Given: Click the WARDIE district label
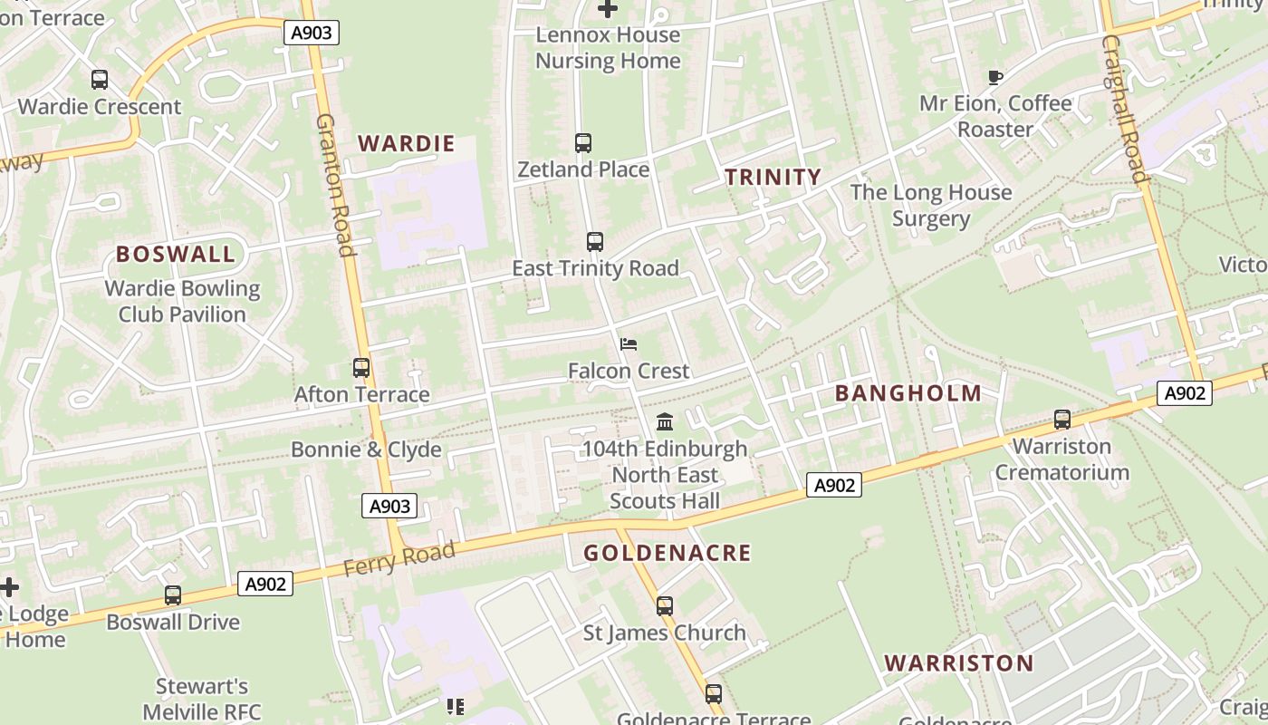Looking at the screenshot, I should tap(406, 143).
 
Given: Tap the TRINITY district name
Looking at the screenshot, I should tap(773, 177).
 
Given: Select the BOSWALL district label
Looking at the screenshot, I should tap(176, 254).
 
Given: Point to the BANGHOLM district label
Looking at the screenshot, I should tap(908, 393).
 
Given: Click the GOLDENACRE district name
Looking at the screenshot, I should tap(667, 553).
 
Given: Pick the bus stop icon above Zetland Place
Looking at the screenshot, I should tap(583, 143).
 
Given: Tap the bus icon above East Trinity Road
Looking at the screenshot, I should tap(595, 242).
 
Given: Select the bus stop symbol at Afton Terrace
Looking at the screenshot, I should tap(361, 368).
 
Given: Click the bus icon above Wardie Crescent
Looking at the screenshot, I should tap(100, 80).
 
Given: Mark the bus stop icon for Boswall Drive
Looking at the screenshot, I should tap(173, 595).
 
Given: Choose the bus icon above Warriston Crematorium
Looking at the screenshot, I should tap(1062, 420).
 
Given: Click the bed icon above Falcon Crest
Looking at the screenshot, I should tap(629, 344).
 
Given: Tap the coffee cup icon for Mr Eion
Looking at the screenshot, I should tap(995, 78).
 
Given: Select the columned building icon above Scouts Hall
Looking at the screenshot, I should tap(665, 422).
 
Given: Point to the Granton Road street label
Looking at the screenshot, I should tap(334, 185).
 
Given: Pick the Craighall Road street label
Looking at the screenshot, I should tap(1125, 109).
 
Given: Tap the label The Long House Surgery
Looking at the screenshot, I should tap(930, 205).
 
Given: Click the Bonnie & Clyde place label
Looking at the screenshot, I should tap(366, 449).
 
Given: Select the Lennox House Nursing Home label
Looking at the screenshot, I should tap(608, 48).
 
